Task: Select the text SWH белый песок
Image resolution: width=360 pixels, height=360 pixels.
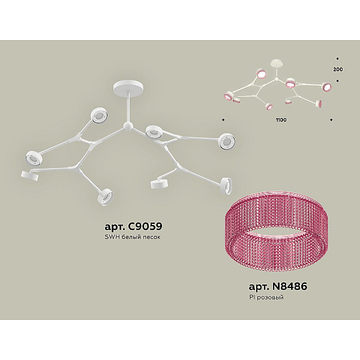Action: (x=133, y=237)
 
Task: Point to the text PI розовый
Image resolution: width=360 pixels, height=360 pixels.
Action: (x=266, y=298)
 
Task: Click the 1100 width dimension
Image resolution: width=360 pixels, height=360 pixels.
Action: (x=281, y=120)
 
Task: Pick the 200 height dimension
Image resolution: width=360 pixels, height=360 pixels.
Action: (x=338, y=70)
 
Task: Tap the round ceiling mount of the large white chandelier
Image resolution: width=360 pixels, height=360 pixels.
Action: (x=128, y=86)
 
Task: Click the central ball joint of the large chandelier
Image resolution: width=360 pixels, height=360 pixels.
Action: (x=128, y=126)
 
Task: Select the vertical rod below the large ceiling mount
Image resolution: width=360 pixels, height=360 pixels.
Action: (x=128, y=107)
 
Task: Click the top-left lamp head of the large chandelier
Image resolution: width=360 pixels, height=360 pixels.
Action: (x=99, y=115)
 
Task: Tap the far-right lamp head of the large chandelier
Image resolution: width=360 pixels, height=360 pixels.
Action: (x=227, y=142)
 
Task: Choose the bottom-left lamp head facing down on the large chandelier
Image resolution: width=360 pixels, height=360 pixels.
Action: (x=29, y=176)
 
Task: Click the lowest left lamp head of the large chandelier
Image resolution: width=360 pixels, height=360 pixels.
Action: (x=106, y=196)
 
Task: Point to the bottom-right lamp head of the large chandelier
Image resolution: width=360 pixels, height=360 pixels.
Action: (x=226, y=184)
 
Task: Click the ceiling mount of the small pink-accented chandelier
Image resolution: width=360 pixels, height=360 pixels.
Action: (x=277, y=64)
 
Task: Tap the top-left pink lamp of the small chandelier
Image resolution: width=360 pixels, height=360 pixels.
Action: (x=261, y=74)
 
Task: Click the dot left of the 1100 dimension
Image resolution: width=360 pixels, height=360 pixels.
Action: (x=223, y=120)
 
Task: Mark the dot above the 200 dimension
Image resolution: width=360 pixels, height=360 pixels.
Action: (x=337, y=59)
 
